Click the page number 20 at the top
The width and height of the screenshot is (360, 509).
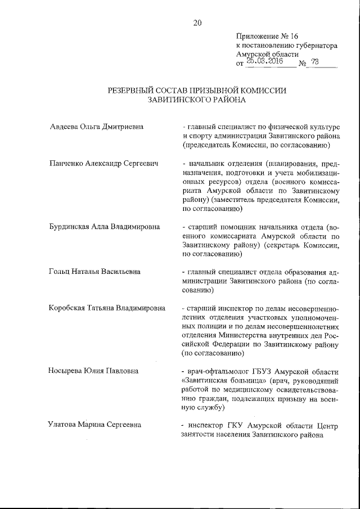pyautogui.click(x=197, y=23)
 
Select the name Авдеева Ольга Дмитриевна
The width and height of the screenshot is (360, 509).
pyautogui.click(x=97, y=127)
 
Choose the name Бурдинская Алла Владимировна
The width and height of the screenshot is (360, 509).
pyautogui.click(x=104, y=227)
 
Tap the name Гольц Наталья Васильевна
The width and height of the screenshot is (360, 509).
pyautogui.click(x=94, y=272)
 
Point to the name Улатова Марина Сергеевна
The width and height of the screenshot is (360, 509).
pyautogui.click(x=94, y=425)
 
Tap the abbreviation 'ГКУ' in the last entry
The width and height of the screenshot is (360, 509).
pyautogui.click(x=235, y=425)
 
